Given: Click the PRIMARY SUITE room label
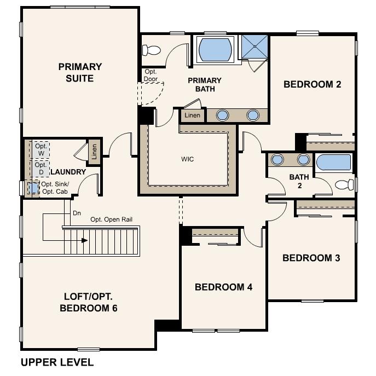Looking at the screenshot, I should coord(80,72).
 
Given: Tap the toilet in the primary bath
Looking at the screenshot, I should coord(152,50).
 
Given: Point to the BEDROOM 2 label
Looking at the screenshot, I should coord(312,84).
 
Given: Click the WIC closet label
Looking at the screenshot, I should coord(188,160).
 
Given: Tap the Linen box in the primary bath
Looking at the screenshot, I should coord(192,115).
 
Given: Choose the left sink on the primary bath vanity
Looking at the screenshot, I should coord(223,115).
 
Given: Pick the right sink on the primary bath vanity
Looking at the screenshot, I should coord(252,115).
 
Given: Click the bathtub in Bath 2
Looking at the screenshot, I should coord(333,162).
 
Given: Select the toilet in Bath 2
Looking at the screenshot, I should coord(344,184).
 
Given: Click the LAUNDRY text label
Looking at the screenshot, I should coord(68,172).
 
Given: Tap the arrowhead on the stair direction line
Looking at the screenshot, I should coord(84,240).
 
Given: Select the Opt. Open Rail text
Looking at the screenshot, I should coord(112,219).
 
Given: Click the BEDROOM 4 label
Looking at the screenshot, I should coord(223,287).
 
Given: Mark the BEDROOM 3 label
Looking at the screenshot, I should coord(311,258).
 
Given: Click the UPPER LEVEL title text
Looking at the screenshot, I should coord(57,362).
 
